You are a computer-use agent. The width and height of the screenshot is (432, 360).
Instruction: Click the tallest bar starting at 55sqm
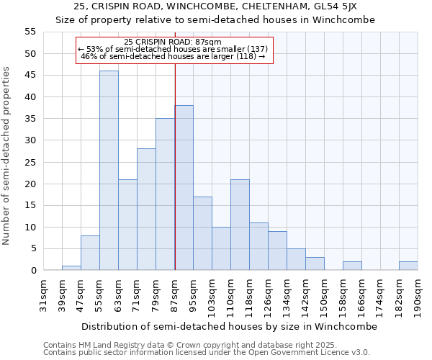(109, 171)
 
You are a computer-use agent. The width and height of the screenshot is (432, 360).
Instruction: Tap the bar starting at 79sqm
(165, 194)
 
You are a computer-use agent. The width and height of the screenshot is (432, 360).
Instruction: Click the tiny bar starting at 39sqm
(71, 268)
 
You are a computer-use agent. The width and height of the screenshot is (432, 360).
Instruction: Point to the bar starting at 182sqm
(408, 266)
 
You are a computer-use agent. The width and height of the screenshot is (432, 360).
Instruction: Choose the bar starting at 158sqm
(352, 266)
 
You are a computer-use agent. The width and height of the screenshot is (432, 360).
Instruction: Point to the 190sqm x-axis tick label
(418, 294)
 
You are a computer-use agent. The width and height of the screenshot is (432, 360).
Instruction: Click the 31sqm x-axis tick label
(43, 294)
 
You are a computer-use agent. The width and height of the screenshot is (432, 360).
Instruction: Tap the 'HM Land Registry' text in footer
(115, 346)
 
